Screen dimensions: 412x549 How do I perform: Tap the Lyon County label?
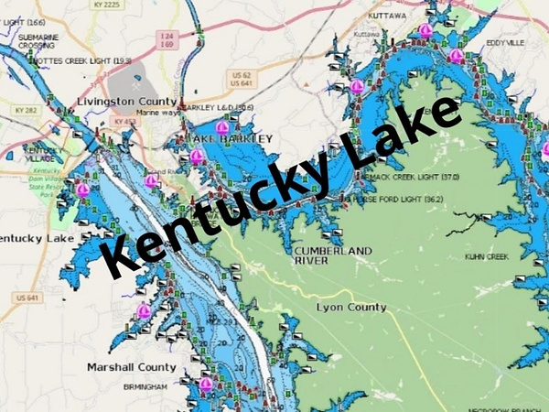pos(351,308)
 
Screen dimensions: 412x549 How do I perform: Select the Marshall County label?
pos(131,367)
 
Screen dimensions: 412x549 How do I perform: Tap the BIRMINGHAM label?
pos(145,387)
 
